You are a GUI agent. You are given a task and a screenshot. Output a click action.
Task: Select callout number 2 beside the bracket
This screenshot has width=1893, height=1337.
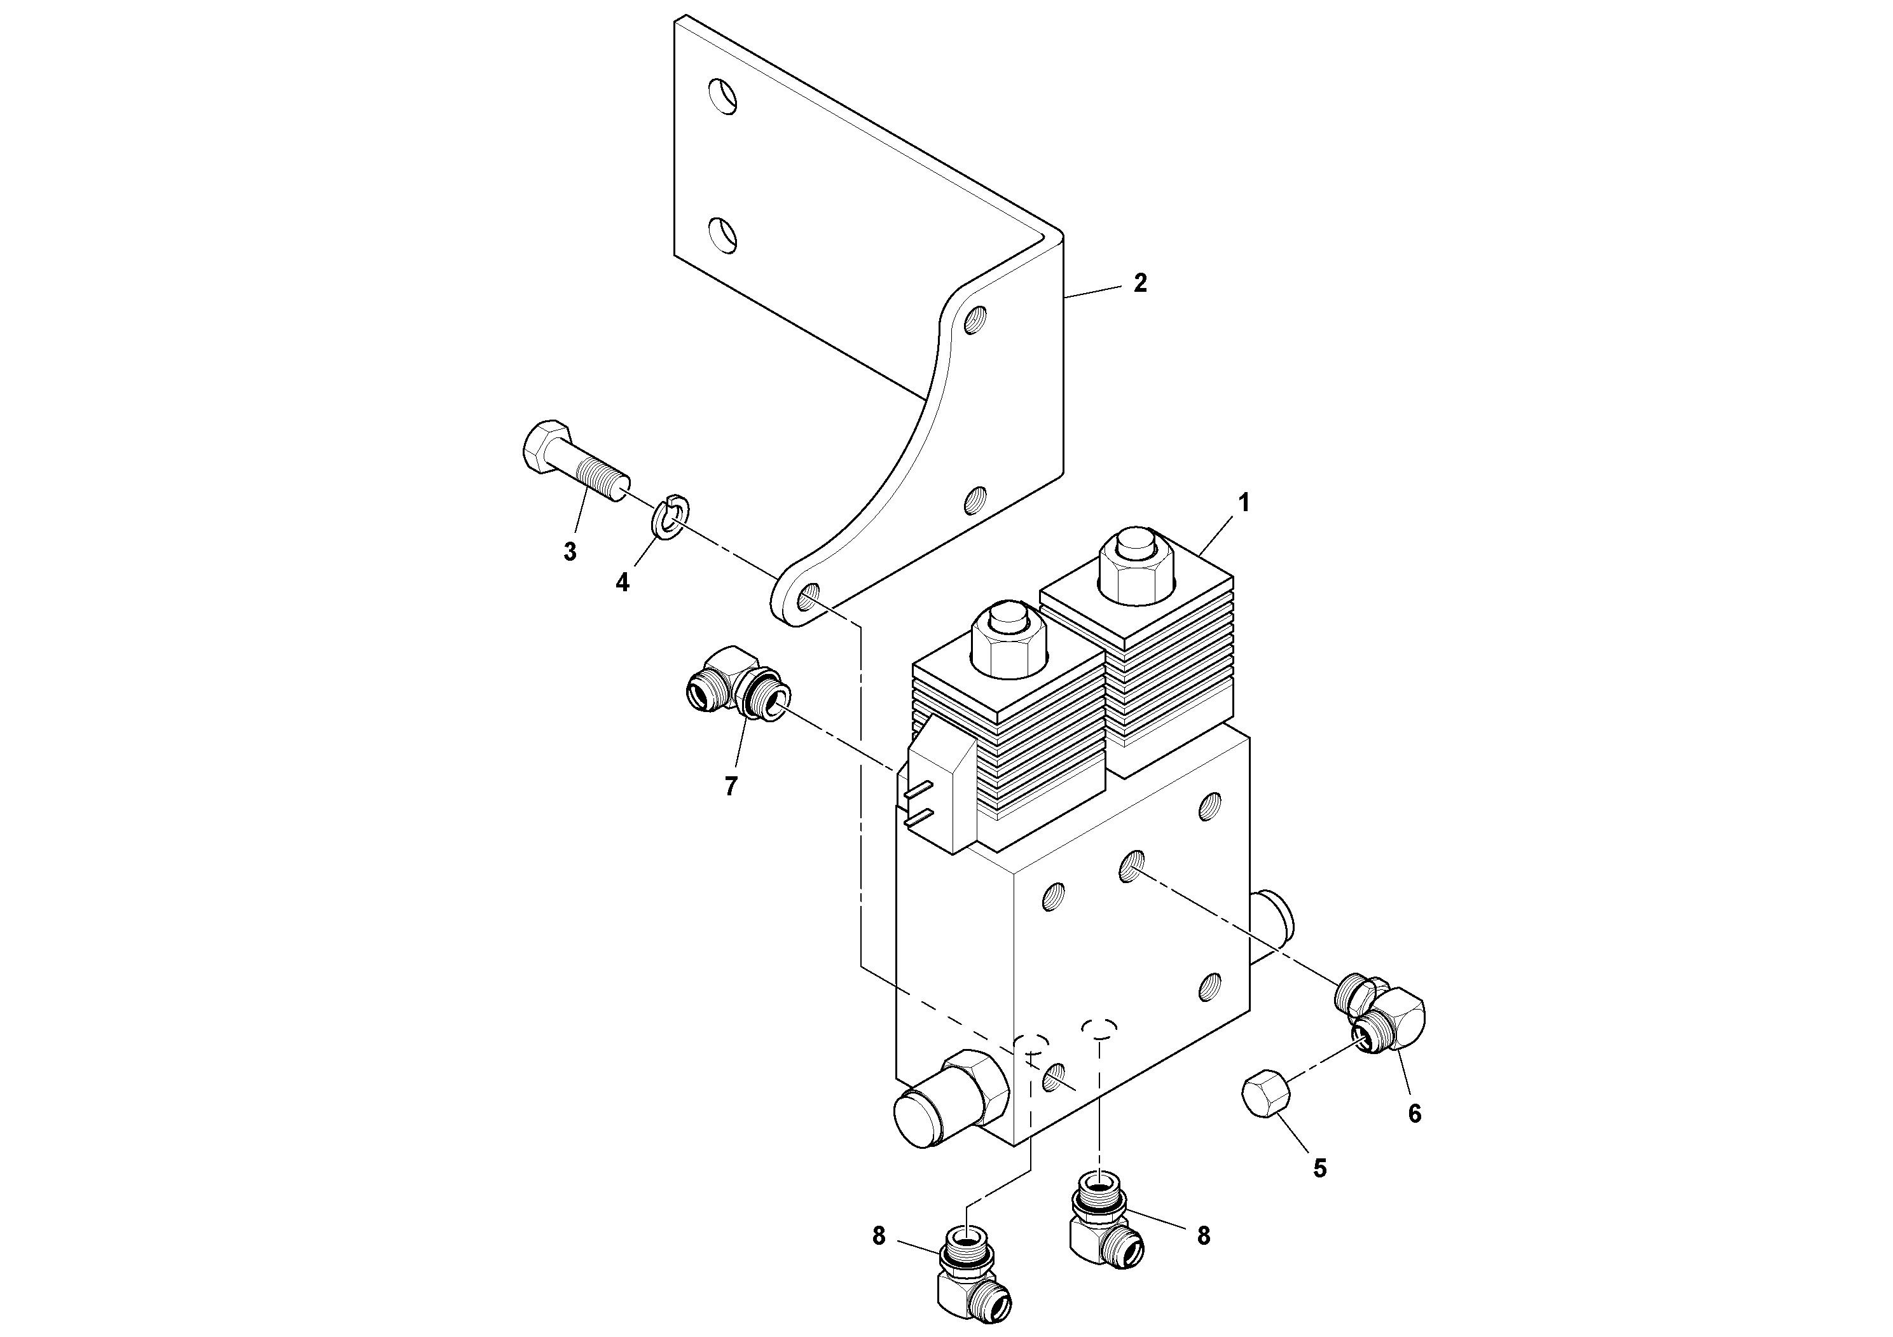click(x=1139, y=283)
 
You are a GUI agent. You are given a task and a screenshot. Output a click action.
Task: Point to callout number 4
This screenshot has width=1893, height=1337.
click(x=623, y=582)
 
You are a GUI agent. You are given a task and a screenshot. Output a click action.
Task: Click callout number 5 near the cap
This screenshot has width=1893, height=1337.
click(x=1319, y=1168)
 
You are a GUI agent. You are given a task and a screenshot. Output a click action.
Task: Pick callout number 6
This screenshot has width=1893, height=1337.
click(x=1414, y=1114)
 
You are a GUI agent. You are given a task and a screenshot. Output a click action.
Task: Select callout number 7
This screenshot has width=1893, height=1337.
click(x=731, y=786)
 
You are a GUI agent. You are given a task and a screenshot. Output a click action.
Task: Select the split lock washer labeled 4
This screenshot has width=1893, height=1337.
click(x=672, y=517)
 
